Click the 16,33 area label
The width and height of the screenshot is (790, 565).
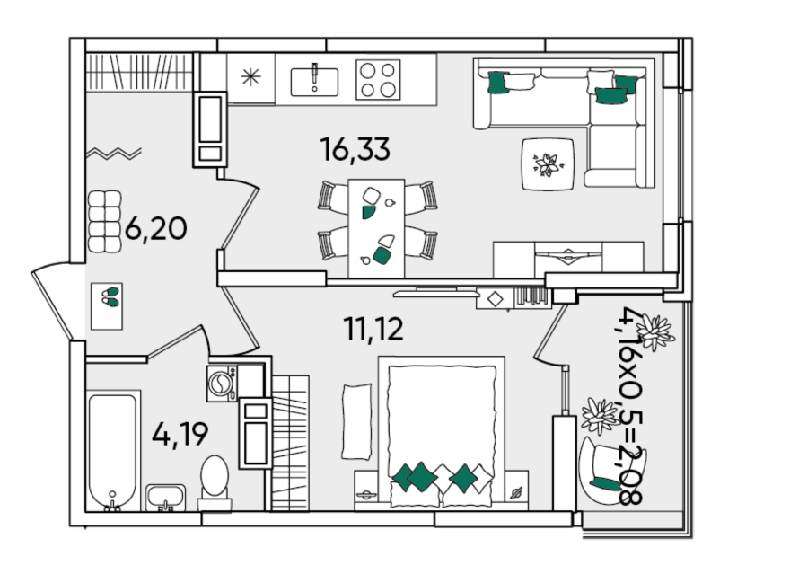[x=355, y=150]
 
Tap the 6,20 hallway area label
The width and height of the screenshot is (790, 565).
[x=155, y=228]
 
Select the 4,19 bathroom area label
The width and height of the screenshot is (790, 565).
[x=180, y=435]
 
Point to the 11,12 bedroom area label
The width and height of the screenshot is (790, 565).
[x=373, y=329]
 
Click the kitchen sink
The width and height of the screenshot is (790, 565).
[x=314, y=81]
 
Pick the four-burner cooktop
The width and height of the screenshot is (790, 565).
[x=378, y=80]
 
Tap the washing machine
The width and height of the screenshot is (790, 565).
[x=222, y=384]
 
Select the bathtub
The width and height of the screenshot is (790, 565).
[x=112, y=453]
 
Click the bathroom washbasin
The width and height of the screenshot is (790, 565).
[x=166, y=498]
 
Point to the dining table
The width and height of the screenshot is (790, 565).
[x=376, y=228]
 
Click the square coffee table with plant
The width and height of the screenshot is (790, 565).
[x=548, y=164]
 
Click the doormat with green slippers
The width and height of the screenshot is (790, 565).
[x=107, y=306]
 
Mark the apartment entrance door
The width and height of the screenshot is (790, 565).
[x=55, y=302]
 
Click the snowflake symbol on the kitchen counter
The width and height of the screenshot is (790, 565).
[x=250, y=76]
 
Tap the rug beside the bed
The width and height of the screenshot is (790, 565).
[x=356, y=421]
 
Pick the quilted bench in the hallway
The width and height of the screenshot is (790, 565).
[x=105, y=221]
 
